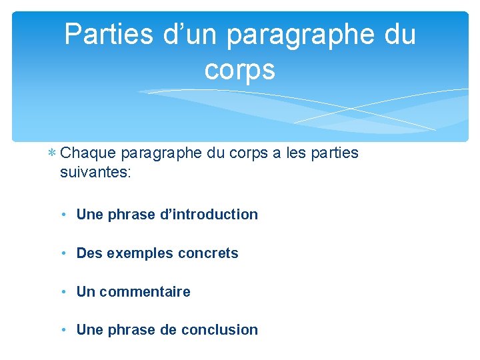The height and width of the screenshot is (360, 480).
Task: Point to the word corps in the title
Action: [239, 69]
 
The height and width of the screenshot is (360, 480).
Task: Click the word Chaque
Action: [87, 153]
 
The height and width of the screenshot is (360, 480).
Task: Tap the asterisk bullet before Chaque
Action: [52, 154]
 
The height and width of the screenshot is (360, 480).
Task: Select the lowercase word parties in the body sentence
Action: [332, 154]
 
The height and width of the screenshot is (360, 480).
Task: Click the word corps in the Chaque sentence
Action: [247, 154]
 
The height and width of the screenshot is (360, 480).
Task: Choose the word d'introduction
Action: [208, 215]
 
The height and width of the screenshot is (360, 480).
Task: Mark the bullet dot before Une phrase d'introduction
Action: [62, 215]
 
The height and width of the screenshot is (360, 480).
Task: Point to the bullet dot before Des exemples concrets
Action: [62, 253]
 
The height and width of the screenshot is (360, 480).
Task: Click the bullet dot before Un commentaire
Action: [62, 292]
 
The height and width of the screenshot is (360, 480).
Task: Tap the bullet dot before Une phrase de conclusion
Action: [62, 330]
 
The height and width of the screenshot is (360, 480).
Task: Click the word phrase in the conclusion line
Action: [129, 330]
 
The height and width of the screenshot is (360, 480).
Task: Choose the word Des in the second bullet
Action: [89, 253]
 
